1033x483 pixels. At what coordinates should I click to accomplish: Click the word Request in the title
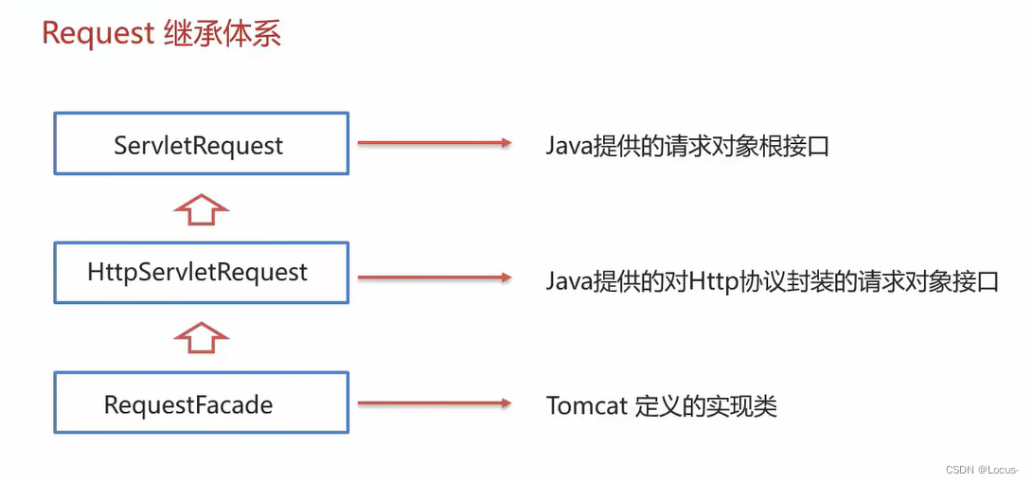[x=98, y=33]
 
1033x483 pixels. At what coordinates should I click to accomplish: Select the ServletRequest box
[x=201, y=144]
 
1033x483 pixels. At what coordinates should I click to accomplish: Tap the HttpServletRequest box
[x=201, y=273]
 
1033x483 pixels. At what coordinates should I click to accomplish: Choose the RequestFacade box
[x=201, y=405]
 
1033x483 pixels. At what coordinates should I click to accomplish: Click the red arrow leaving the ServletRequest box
[x=433, y=143]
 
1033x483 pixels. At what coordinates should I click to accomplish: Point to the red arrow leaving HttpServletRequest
[x=433, y=277]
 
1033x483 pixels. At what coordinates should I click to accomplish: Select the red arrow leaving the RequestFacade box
[x=433, y=404]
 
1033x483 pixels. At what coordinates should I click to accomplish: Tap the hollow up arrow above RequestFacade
[x=201, y=337]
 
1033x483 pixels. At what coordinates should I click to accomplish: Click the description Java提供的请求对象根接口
[x=687, y=146]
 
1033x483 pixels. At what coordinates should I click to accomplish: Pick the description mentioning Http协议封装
[x=772, y=281]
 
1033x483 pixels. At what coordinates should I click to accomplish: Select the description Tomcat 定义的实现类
[x=661, y=406]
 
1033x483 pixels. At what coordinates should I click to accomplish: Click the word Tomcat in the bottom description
[x=587, y=406]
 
